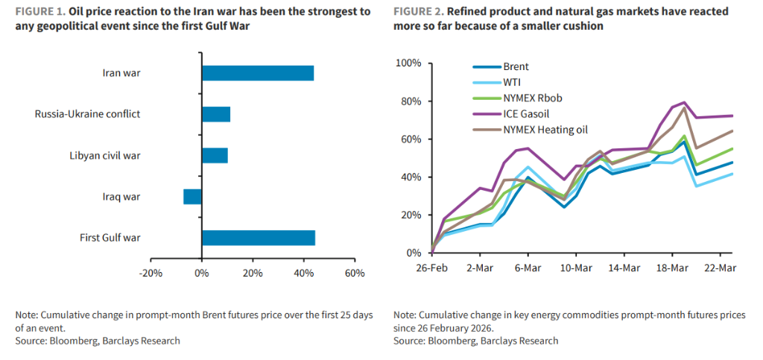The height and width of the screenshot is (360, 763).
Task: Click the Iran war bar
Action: click(x=257, y=73)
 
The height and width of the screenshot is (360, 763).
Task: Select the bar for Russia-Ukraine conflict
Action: click(x=216, y=114)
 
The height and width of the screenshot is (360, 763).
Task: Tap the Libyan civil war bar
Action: click(x=215, y=155)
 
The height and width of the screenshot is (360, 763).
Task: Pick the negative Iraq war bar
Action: click(x=192, y=197)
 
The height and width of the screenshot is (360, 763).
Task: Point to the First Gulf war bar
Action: click(x=258, y=238)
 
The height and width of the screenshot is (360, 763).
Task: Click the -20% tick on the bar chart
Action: click(x=151, y=273)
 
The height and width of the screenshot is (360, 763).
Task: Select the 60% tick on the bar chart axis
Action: click(x=354, y=273)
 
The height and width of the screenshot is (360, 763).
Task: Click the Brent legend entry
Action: click(x=516, y=67)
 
